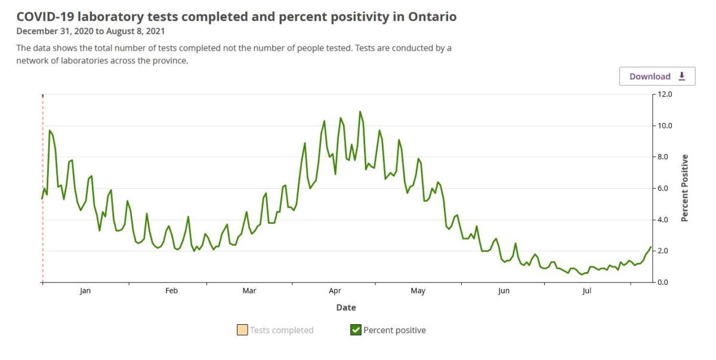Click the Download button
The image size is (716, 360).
point(657,76)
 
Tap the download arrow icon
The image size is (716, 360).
point(682,76)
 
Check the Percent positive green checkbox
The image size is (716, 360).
point(356,330)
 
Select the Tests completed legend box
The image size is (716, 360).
point(242,330)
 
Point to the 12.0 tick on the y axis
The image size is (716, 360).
point(665,94)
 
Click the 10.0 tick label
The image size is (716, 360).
point(665,126)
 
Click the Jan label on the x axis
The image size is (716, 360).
point(85,291)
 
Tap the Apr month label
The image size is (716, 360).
point(335,291)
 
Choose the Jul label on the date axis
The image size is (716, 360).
point(587,291)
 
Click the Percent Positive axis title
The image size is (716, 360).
point(684,188)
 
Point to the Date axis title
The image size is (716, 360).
point(345,307)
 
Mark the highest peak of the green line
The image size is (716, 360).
point(360,112)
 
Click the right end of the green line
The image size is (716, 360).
point(650,247)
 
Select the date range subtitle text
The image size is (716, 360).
point(90,31)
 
